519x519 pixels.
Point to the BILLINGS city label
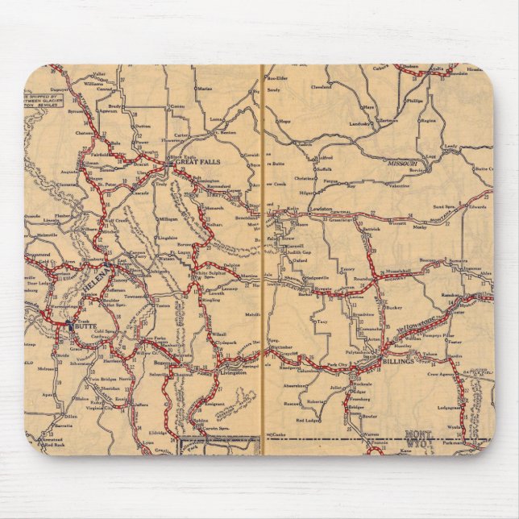pos(404,363)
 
